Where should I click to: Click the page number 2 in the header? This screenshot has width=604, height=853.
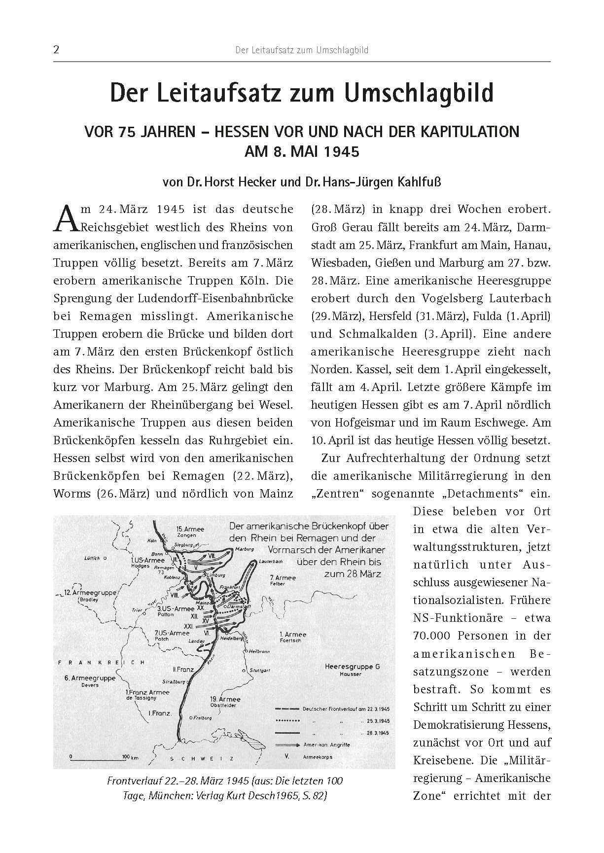[x=56, y=50]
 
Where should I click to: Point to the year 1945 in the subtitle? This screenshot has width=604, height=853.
[x=342, y=151]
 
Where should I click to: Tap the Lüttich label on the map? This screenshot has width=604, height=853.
[x=92, y=558]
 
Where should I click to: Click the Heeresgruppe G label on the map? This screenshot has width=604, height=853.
[x=352, y=667]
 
